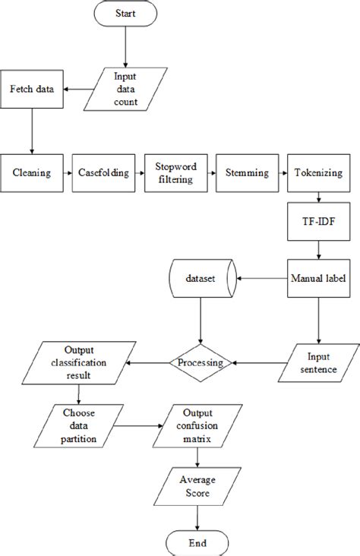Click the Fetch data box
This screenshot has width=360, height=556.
31,89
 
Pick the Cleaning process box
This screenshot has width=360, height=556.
31,172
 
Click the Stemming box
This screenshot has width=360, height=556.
247,172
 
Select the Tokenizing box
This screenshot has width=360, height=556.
318,172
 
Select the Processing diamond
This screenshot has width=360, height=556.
199,362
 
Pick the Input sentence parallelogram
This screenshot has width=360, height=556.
318,362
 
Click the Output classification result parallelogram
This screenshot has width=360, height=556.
80,362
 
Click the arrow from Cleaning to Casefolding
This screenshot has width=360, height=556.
67,172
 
